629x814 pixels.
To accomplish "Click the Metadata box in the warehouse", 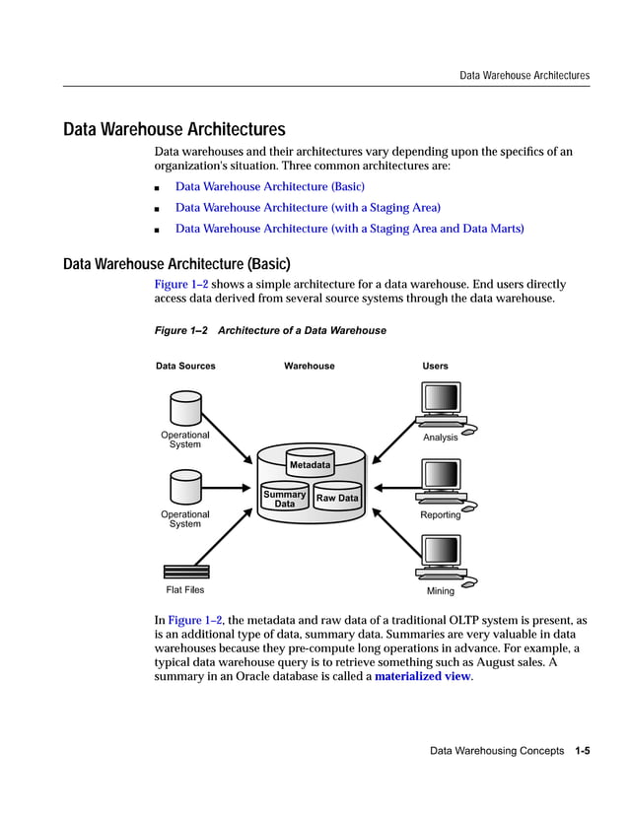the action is coord(310,464).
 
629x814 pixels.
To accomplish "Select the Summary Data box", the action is coord(284,499).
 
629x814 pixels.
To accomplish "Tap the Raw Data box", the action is coord(337,499).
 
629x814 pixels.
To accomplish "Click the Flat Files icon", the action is coord(185,572).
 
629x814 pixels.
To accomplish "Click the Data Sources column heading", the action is coord(185,366).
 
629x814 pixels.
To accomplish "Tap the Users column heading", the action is coord(435,366).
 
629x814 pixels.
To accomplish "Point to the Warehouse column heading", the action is coord(310,366).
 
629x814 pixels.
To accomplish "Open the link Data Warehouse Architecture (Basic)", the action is coord(270,186).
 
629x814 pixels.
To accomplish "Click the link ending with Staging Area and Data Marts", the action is coord(349,229).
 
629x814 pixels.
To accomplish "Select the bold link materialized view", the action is coord(423,677).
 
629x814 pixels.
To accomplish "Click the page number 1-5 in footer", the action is coord(582,751).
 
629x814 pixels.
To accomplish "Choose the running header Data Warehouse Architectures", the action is coord(524,75).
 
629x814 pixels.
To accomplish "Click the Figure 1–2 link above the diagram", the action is coord(181,284).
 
